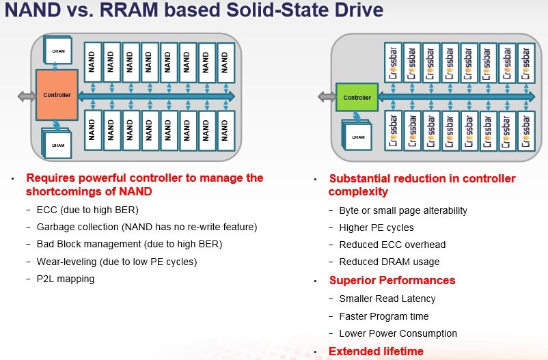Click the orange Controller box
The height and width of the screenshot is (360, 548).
coord(57,95)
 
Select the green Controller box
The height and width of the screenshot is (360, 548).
coord(357,98)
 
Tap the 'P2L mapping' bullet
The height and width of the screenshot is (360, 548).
coord(65,278)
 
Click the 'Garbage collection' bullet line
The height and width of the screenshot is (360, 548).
coord(146,227)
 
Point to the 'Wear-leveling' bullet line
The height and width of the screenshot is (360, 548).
coord(116,261)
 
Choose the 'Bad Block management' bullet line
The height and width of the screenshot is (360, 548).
coord(129,244)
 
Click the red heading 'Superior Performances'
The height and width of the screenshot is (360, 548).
coord(392,280)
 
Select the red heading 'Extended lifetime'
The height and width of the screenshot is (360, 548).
coord(376,351)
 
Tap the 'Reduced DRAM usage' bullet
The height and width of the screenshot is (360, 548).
coord(389,262)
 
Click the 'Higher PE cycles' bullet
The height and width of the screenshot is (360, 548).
coord(376,227)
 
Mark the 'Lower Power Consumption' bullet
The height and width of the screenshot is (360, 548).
coord(398,333)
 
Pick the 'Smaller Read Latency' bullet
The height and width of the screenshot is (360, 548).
coord(387,299)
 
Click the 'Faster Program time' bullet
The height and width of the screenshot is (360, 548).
coord(384,316)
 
